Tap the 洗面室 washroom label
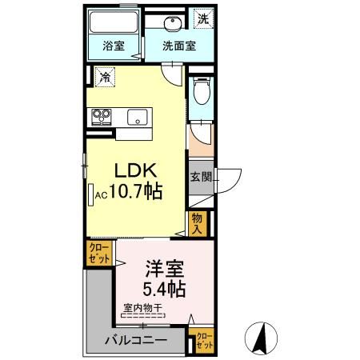(178, 46)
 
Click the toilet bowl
(202, 94)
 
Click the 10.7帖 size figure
(132, 194)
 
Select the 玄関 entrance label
(200, 178)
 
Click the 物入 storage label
(198, 222)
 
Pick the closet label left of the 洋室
(99, 255)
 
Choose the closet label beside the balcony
(205, 341)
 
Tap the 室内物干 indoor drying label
(144, 307)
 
